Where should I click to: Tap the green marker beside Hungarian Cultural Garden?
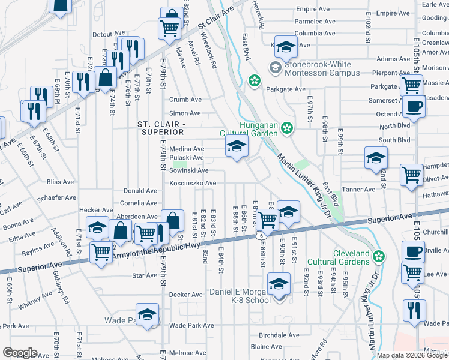pos(288,127)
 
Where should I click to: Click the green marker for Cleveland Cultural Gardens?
pos(378,257)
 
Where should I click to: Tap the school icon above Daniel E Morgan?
pos(279,284)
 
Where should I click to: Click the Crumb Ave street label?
pos(185,100)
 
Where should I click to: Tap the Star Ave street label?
pos(144,276)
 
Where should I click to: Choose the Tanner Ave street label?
pos(359,189)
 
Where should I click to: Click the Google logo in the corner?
pos(20,353)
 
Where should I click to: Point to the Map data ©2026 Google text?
pos(411,355)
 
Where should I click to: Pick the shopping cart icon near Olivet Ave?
pos(412,175)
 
